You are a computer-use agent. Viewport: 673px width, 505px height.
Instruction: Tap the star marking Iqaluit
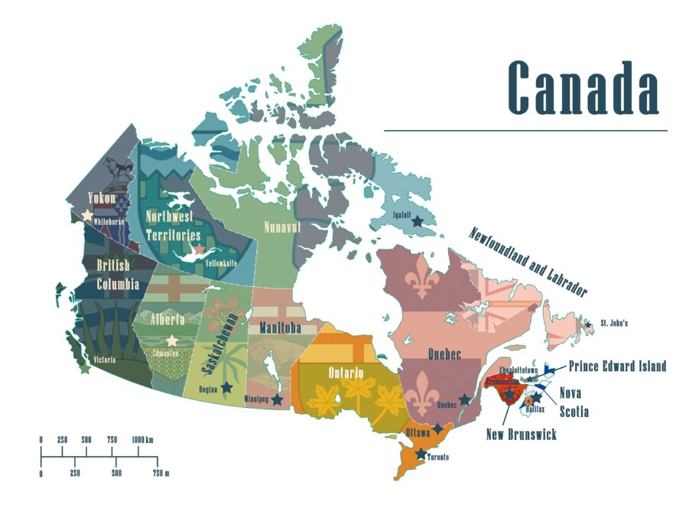(x=417, y=221)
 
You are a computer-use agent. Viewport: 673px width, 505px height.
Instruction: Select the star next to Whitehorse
(x=87, y=215)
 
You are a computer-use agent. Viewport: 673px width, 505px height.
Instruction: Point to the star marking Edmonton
(x=172, y=340)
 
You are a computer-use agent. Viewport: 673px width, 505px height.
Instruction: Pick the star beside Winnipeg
(x=277, y=399)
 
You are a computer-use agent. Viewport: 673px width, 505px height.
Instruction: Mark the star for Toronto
(x=421, y=454)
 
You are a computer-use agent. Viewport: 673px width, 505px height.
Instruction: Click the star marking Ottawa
(x=437, y=428)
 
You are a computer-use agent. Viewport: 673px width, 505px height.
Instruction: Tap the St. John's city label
(x=614, y=323)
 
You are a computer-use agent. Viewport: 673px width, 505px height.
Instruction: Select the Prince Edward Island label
(x=616, y=367)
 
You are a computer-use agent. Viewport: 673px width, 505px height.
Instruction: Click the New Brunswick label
(x=522, y=435)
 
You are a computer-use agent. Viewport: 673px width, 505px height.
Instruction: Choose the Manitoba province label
(x=279, y=328)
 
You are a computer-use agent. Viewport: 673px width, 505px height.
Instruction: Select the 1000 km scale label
(x=142, y=439)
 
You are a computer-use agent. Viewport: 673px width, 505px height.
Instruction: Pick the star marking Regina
(x=226, y=388)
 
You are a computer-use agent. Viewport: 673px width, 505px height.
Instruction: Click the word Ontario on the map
(x=346, y=373)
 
